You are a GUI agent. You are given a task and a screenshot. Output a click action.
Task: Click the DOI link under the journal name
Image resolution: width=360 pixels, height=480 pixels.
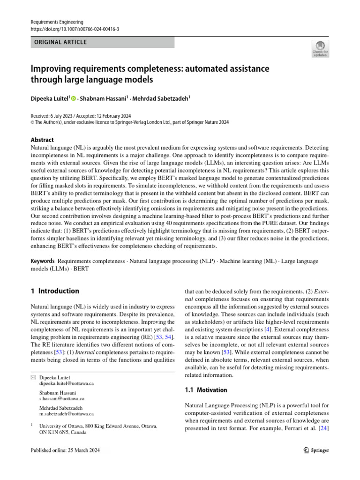tap(75, 29)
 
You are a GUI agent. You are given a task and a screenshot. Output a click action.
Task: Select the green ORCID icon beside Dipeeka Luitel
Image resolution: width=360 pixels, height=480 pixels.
tap(74, 98)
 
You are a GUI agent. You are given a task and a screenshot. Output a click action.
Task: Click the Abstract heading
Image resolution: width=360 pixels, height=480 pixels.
tap(42, 140)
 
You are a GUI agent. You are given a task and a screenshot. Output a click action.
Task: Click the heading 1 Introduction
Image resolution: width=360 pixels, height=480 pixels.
tap(55, 291)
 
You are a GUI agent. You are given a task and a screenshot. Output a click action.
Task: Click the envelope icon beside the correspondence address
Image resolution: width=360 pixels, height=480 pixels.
tap(33, 377)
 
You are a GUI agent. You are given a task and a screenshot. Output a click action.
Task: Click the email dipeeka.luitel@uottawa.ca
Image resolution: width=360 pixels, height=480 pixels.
tap(66, 383)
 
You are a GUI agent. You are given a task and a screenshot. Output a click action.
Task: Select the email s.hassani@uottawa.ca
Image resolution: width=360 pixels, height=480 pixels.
tap(62, 398)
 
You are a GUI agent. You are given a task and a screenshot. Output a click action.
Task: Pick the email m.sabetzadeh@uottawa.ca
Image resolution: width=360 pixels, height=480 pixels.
tap(67, 414)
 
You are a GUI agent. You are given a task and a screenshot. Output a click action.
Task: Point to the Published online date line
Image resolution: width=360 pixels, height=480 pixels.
tap(65, 450)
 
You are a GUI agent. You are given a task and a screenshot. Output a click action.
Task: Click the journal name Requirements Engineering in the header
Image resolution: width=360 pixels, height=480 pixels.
tap(57, 22)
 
